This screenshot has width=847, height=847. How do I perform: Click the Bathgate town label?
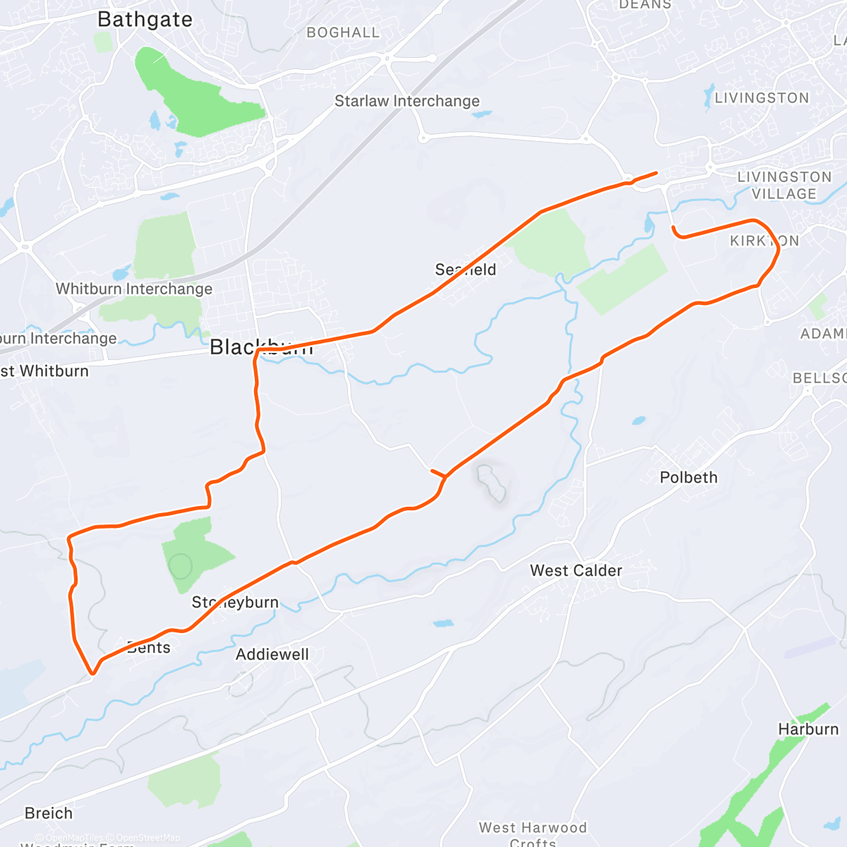point(145,20)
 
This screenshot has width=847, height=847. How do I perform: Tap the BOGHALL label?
point(343,32)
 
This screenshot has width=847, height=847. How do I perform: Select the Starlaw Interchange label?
point(407,101)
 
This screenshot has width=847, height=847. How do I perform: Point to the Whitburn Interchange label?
point(134,289)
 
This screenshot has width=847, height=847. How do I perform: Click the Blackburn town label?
point(261,347)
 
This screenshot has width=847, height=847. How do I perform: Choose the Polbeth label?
point(688,477)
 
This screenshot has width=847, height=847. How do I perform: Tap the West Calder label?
point(576,570)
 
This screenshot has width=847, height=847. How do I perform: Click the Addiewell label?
point(272,654)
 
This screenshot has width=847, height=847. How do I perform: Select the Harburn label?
point(808,729)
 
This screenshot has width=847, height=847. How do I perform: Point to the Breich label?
point(49,813)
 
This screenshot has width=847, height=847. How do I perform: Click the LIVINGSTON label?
point(762,98)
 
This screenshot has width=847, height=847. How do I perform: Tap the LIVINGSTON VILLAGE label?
point(784,185)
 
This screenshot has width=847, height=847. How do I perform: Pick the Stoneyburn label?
point(235,603)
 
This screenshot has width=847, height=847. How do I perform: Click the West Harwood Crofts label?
point(533,834)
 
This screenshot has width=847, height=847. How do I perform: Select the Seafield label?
point(466,270)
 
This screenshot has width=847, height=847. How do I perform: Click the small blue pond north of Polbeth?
point(638,421)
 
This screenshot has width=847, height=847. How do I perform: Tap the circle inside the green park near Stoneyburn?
point(181,566)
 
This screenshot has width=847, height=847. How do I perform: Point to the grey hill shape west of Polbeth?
point(492,482)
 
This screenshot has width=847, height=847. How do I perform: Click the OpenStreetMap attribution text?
point(148,838)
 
